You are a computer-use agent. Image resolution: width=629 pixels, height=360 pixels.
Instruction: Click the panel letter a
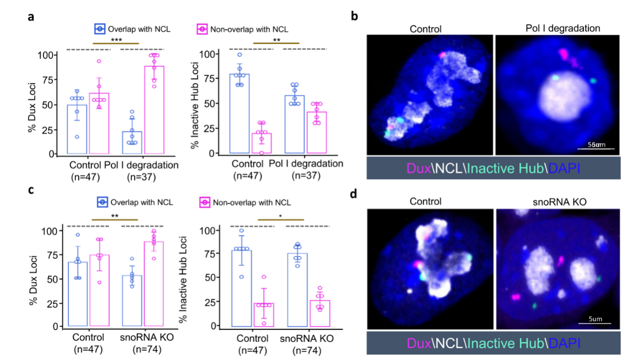(x=31, y=17)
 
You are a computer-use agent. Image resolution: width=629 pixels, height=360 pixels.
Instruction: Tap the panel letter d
(x=354, y=194)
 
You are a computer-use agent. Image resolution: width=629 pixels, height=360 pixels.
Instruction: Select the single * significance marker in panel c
(x=281, y=216)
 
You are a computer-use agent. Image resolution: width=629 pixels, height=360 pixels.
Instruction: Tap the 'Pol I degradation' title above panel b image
(x=563, y=28)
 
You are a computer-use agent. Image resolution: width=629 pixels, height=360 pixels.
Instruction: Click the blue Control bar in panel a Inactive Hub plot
(x=239, y=114)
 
